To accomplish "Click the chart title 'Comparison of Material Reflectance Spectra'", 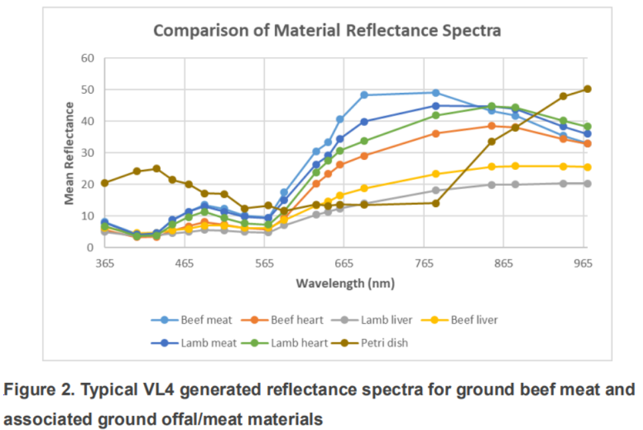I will [x=327, y=31].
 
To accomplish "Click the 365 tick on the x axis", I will [x=105, y=263].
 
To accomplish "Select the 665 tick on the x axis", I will [x=344, y=263].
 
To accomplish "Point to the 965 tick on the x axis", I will [x=583, y=263].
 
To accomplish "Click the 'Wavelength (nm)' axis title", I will [x=344, y=283].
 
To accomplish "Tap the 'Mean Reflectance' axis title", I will [x=69, y=153].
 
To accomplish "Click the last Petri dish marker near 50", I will [x=587, y=89].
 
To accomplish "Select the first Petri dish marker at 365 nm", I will [x=105, y=182].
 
